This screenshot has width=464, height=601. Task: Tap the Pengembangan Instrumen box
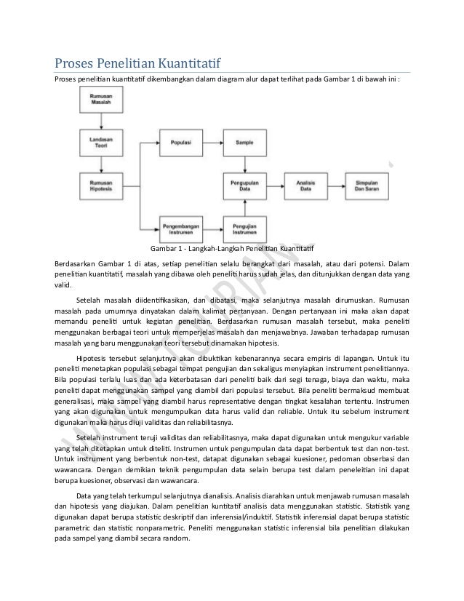pos(180,227)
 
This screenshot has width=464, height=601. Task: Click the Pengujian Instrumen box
pos(244,227)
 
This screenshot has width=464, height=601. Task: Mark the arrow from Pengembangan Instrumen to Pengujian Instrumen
pos(212,227)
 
